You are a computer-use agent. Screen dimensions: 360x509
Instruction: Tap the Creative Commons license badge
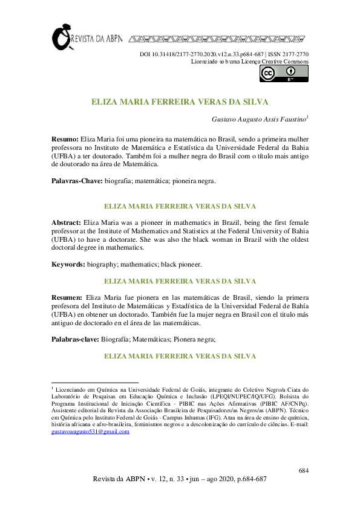coord(284,73)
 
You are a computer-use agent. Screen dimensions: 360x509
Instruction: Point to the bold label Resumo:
coord(65,139)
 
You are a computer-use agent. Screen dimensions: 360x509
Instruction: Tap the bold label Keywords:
coord(68,264)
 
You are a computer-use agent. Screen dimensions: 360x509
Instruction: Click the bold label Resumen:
coord(67,298)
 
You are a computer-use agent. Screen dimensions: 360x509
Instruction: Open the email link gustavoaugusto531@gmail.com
coord(90,432)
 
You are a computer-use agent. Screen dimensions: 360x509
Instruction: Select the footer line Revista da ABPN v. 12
coord(179,479)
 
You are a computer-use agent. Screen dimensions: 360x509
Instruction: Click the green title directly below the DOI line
coord(180,102)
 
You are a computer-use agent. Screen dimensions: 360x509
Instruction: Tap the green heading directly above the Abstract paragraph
coord(180,206)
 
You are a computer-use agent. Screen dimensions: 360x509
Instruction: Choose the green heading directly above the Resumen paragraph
coord(180,281)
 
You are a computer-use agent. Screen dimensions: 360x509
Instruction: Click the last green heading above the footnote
coord(180,357)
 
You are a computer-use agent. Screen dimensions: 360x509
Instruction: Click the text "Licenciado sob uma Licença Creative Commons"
coord(249,62)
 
